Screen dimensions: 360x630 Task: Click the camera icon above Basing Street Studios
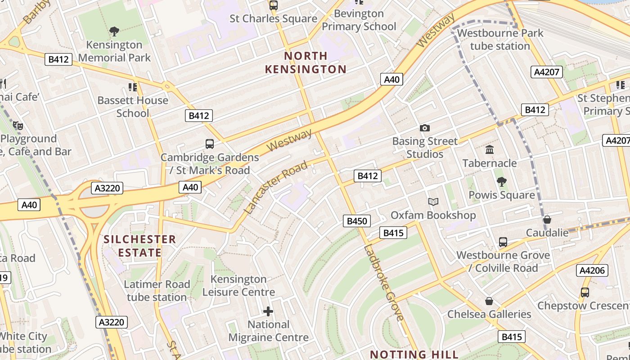[424, 128]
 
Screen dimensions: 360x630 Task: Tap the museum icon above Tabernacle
[489, 149]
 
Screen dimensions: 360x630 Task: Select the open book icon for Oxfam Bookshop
[433, 202]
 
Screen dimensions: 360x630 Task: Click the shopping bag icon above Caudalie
[547, 220]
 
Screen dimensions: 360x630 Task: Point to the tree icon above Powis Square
[502, 182]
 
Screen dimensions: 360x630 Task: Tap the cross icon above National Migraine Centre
[268, 311]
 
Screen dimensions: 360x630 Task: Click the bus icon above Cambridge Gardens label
[210, 144]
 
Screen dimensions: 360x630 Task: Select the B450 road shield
[356, 221]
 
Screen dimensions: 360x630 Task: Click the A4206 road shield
[592, 270]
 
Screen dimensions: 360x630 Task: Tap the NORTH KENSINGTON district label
[306, 63]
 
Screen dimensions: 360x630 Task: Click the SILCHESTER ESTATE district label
[139, 246]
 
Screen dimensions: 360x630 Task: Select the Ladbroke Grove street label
[384, 283]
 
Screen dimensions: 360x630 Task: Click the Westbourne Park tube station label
[500, 40]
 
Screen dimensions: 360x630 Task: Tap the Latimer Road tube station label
[157, 291]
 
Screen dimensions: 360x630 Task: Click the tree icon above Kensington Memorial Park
[114, 31]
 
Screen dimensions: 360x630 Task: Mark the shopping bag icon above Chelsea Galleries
[489, 301]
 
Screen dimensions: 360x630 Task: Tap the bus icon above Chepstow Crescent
[585, 292]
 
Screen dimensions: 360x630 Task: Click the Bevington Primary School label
[359, 20]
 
